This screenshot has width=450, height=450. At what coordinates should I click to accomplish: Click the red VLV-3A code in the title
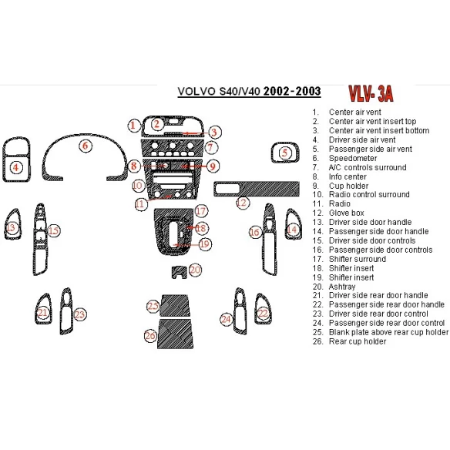tap(370, 94)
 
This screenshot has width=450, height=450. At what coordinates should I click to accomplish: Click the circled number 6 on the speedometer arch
tap(86, 145)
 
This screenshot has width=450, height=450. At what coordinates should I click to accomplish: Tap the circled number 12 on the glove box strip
tap(243, 203)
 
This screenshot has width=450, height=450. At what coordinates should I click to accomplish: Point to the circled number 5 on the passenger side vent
tap(284, 153)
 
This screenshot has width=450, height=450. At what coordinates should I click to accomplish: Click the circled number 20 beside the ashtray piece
tap(195, 270)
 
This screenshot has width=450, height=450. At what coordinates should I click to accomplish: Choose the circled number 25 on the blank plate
tap(153, 307)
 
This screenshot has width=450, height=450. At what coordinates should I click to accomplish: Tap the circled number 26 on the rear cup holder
tap(149, 335)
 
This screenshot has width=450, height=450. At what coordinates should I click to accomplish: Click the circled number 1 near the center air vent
tap(133, 125)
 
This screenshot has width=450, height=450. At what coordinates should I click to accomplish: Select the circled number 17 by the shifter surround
tap(200, 211)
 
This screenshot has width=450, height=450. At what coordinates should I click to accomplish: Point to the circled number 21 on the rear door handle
tap(43, 312)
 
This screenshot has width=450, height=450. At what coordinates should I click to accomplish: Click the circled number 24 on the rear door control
tap(227, 318)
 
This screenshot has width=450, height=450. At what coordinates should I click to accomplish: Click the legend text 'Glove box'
tap(346, 213)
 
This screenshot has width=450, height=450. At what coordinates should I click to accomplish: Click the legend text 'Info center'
tap(348, 176)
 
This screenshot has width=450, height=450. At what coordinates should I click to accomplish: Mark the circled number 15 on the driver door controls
tap(52, 230)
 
